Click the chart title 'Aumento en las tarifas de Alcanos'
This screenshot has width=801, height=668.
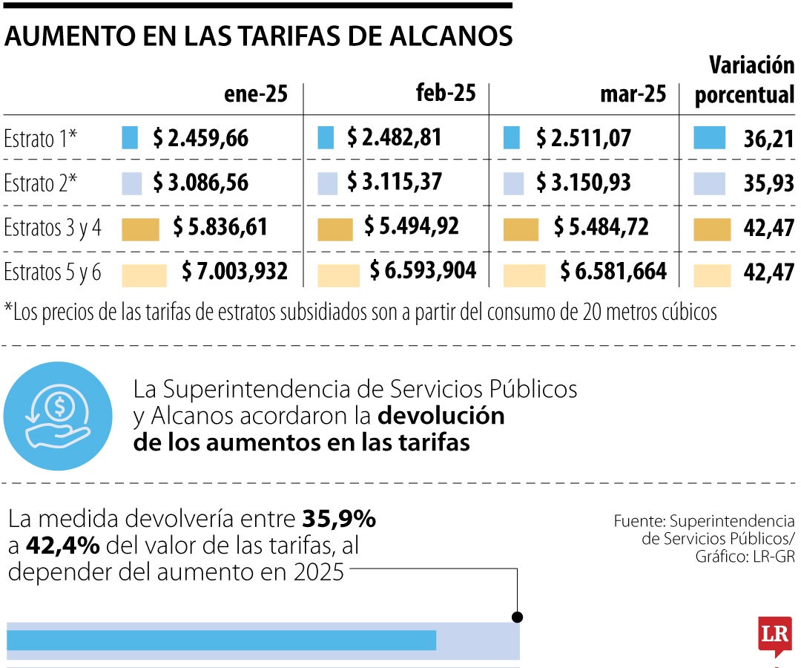pyautogui.click(x=258, y=36)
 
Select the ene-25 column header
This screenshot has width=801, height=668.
pyautogui.click(x=255, y=94)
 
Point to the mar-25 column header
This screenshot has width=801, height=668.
pyautogui.click(x=633, y=94)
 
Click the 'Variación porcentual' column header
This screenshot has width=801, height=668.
pyautogui.click(x=745, y=81)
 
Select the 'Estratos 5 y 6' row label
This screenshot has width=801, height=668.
pyautogui.click(x=52, y=272)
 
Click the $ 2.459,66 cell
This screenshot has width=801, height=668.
pyautogui.click(x=200, y=138)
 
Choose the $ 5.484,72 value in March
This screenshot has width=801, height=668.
pyautogui.click(x=601, y=227)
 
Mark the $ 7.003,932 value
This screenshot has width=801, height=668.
pyautogui.click(x=234, y=272)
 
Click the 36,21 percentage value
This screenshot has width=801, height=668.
pyautogui.click(x=768, y=139)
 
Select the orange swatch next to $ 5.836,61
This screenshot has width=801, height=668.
pyautogui.click(x=140, y=229)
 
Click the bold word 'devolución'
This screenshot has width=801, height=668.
pyautogui.click(x=441, y=416)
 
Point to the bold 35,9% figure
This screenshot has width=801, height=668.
pyautogui.click(x=339, y=520)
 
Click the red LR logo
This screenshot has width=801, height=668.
pyautogui.click(x=774, y=635)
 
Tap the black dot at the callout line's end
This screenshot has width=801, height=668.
pyautogui.click(x=517, y=617)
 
